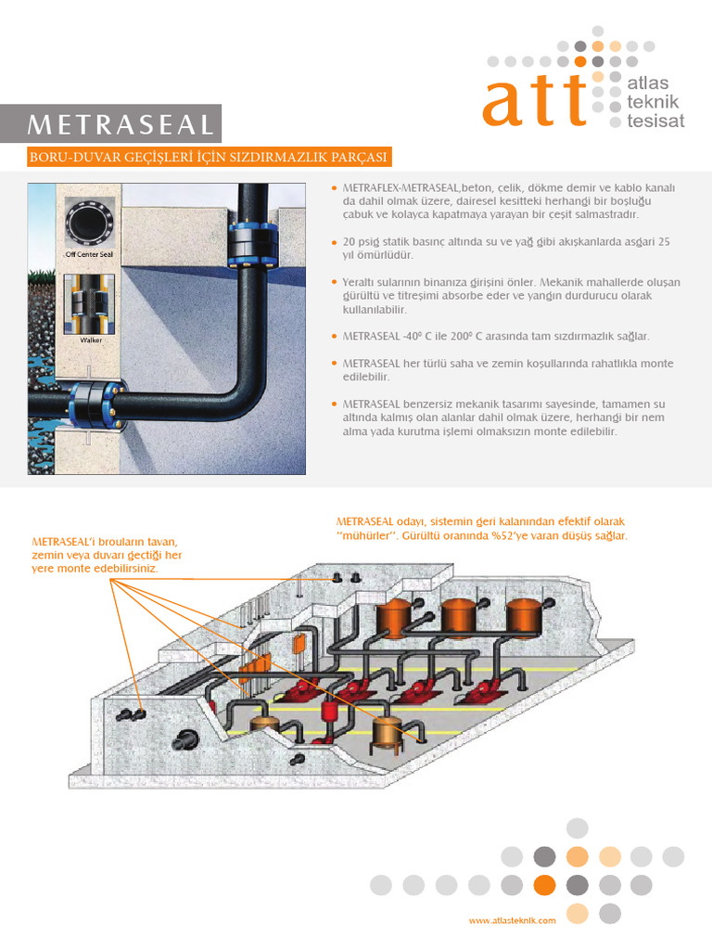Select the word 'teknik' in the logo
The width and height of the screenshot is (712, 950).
[x=654, y=101]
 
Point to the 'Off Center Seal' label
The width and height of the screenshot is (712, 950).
[x=88, y=252]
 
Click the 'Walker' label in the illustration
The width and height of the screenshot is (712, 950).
[x=89, y=339]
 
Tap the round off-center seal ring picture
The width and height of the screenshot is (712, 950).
[x=89, y=222]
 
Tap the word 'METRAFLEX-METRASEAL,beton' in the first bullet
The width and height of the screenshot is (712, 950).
[x=403, y=188]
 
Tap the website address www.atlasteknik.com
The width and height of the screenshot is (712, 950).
[x=512, y=920]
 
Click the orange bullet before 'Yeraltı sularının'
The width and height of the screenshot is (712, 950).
[x=334, y=281]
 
